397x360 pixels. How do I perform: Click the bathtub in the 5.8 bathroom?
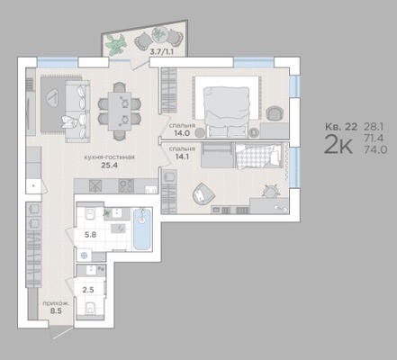pos(142,229)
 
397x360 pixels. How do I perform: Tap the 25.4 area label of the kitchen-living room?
pos(109,165)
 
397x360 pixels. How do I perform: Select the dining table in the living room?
pos(120,111)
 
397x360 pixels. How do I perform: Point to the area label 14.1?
pos(182,157)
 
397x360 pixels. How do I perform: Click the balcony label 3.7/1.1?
pos(162,51)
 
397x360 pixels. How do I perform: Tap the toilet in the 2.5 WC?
pos(90,308)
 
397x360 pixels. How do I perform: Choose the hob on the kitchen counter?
pos(126,185)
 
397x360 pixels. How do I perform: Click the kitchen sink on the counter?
pos(95,185)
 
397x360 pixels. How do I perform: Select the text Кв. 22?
pos(341,127)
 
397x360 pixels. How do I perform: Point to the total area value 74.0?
pos(375,149)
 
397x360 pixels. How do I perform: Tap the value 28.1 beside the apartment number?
pos(374,127)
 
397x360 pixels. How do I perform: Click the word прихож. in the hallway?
pos(56,303)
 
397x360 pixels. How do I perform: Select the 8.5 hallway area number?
pos(56,311)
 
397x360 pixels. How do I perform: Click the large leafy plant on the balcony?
pos(116,44)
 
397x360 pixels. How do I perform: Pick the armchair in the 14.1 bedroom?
pos(203,193)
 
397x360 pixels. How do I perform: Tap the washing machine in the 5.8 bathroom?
pos(85,256)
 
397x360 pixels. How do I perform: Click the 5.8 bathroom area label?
pos(90,235)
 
